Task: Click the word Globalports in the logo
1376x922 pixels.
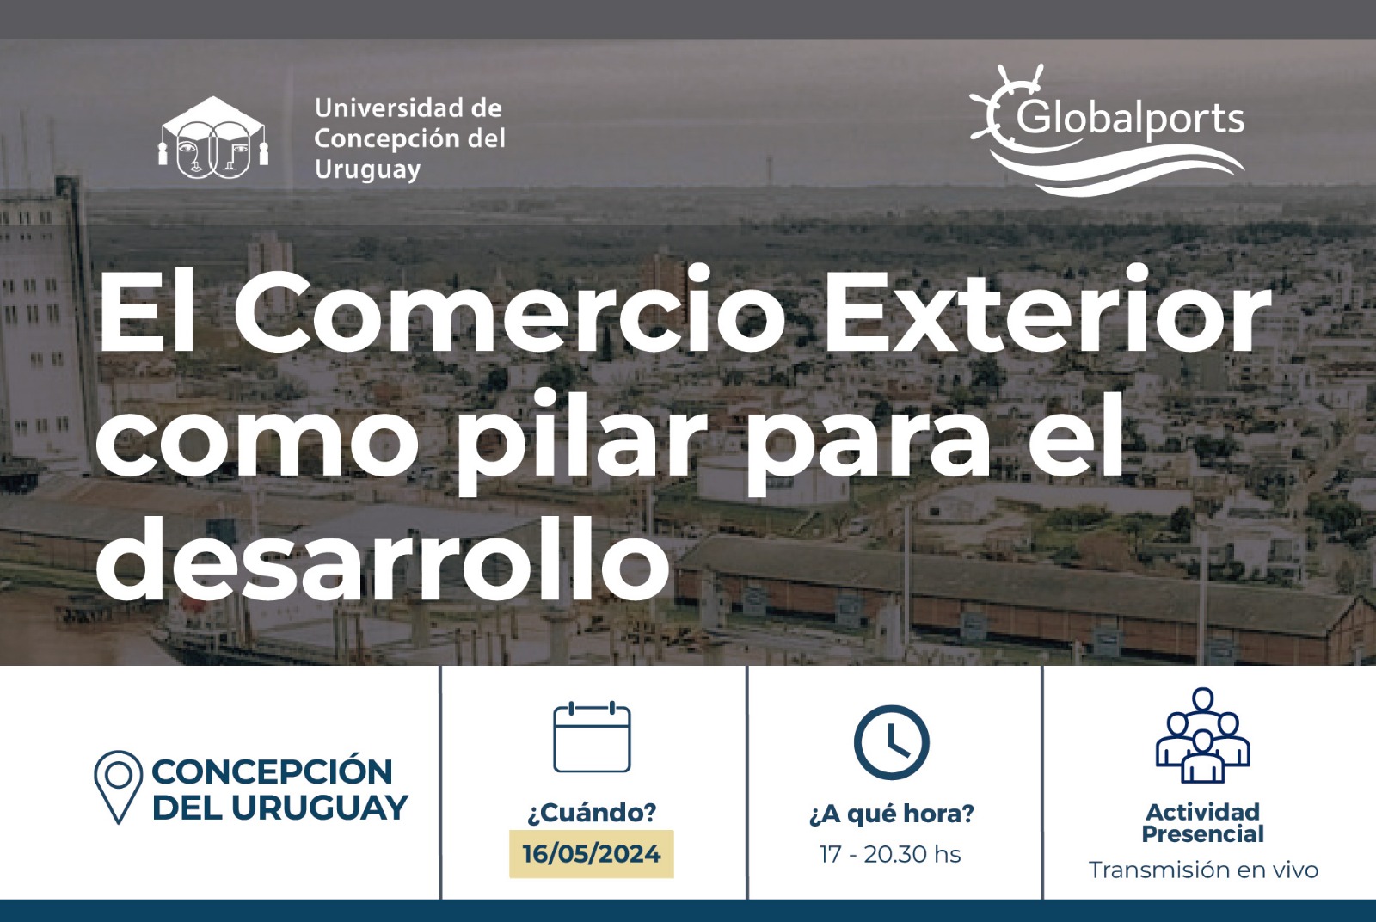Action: pos(1130,120)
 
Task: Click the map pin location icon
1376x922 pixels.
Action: pos(118,787)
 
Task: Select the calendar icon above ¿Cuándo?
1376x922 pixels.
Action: pos(592,736)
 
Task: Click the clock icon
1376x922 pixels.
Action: pos(891,742)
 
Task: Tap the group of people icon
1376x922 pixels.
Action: pos(1203,736)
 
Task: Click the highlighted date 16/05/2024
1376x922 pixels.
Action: pos(592,854)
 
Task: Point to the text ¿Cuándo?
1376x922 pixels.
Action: pos(592,813)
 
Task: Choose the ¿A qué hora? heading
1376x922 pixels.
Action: pos(891,814)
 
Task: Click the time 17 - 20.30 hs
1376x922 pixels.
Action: pos(890,854)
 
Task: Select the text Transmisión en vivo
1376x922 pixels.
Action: pos(1203,870)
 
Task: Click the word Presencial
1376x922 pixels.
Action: pos(1203,834)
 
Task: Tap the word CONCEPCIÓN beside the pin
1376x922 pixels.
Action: pos(272,771)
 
